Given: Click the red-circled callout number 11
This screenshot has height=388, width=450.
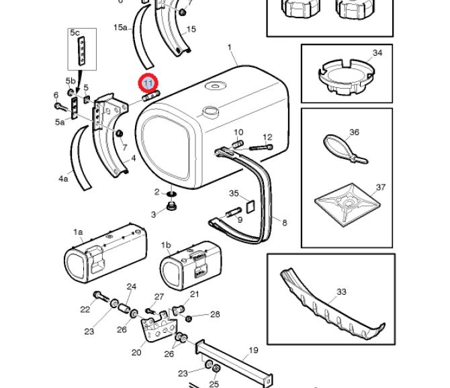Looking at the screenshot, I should tap(148, 84).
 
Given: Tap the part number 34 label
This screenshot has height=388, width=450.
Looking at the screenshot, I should tap(377, 53).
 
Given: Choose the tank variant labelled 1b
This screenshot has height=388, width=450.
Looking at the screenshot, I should tap(187, 268).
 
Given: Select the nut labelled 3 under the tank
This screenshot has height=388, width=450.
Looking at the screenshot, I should tap(171, 204).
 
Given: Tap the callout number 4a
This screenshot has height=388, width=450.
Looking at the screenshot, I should tap(64, 179).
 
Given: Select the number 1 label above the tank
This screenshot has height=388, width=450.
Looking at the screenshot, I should tap(230, 48).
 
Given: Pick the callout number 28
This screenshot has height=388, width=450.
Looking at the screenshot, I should tap(215, 314).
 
